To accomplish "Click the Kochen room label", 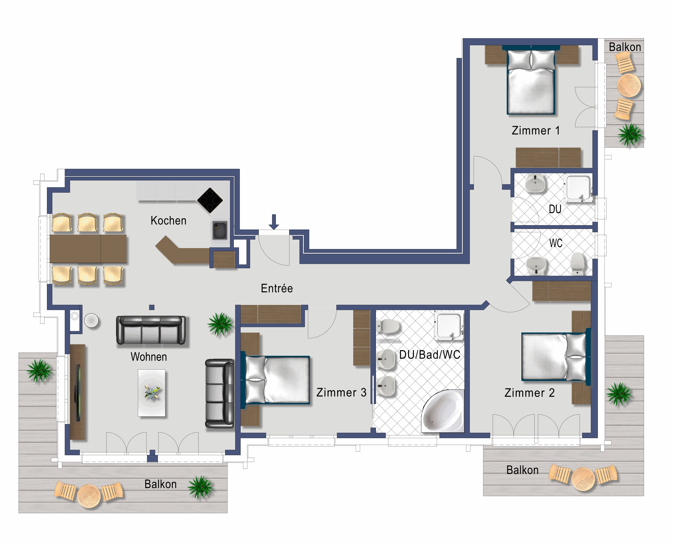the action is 168,221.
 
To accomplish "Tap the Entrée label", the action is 277,288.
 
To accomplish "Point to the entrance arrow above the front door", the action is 274,222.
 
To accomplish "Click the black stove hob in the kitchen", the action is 210,200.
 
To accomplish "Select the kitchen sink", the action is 219,230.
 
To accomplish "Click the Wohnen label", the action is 149,357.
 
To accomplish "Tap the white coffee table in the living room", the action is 152,393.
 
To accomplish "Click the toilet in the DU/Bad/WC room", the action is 388,326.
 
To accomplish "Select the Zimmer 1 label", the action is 536,130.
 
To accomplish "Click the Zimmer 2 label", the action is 530,393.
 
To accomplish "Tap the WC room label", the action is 556,243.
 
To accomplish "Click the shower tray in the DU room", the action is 579,188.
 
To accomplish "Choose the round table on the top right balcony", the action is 629,85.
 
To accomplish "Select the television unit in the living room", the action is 77,392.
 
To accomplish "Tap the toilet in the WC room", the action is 577,263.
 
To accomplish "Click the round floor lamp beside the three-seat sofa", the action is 91,321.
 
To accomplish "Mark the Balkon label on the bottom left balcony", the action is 160,484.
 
